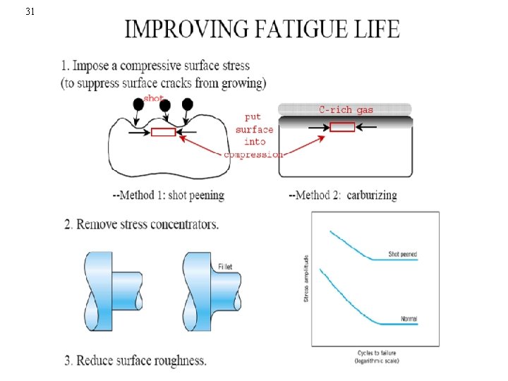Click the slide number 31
29,11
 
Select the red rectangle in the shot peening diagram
163,132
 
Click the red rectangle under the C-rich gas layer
342,127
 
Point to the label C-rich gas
346,110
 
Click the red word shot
154,98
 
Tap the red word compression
255,154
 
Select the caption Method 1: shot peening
169,195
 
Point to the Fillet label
224,267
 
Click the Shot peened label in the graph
403,253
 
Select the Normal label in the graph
409,319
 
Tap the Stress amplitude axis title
306,279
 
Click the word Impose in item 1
95,66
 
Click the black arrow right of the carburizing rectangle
367,127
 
